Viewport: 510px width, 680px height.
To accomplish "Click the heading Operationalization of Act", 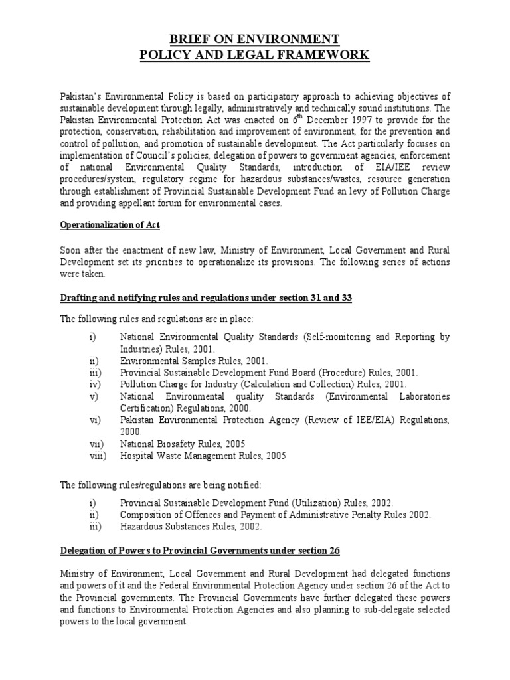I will click(110, 226).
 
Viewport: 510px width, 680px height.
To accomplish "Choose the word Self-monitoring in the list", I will click(338, 337).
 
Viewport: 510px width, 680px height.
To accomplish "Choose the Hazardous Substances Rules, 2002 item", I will click(191, 527).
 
